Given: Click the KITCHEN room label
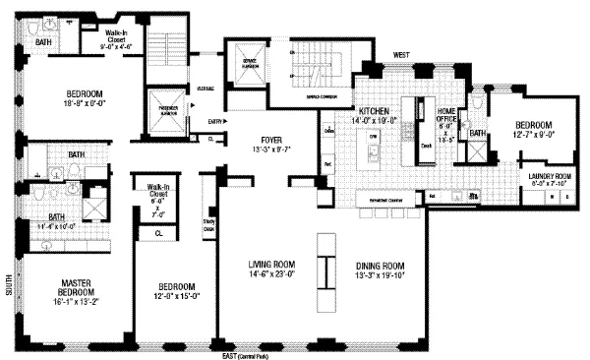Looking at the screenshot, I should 378,111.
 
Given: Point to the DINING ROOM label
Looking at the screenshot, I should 380,265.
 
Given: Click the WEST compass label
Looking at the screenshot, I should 401,55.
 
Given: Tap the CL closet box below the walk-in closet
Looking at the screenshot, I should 158,232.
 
